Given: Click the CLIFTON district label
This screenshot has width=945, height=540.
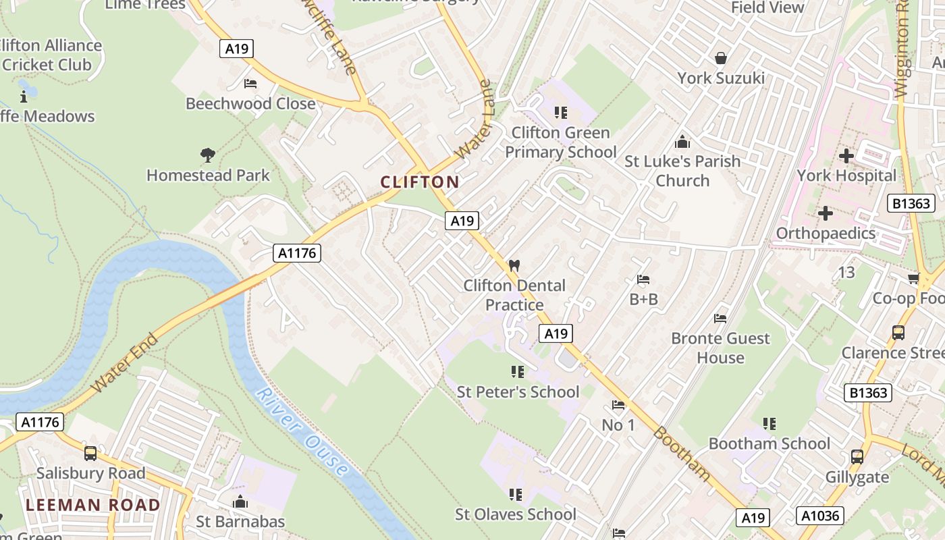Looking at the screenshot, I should pos(420,182).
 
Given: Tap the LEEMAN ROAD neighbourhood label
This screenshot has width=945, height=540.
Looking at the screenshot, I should pos(93,505).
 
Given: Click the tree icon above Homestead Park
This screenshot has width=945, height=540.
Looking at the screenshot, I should pos(208,155).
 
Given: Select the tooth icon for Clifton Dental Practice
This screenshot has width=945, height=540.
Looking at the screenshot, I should pos(514,265).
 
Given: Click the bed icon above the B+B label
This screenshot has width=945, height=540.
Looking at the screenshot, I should pos(643,279).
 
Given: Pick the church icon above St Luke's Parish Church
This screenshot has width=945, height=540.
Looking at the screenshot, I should pos(682,142).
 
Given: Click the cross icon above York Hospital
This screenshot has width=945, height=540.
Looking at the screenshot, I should pos(846,156).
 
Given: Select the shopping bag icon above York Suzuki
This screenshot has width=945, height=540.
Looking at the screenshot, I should pos(721,58).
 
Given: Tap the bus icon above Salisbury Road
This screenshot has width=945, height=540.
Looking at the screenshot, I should pos(90,453).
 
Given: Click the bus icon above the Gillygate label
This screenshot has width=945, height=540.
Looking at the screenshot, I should pos(857,457).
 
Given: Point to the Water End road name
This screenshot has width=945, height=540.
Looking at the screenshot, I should pos(125,362).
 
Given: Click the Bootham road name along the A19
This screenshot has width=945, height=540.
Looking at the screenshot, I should pos(682,454).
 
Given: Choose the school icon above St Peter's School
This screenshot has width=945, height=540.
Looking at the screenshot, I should pos(518,372).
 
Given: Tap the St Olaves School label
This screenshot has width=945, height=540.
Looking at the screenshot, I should pos(516,514).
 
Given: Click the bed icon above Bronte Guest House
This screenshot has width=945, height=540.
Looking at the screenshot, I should pos(720,319).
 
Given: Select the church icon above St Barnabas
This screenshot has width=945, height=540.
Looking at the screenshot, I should pos(240,502).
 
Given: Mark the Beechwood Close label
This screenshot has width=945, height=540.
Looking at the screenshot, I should pos(250,104).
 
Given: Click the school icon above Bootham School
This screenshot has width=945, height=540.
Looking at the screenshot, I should pos(769,424).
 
